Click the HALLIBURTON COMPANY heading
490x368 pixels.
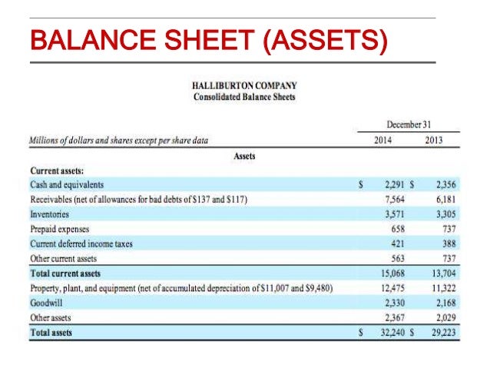click(245, 85)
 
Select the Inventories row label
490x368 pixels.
click(48, 214)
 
